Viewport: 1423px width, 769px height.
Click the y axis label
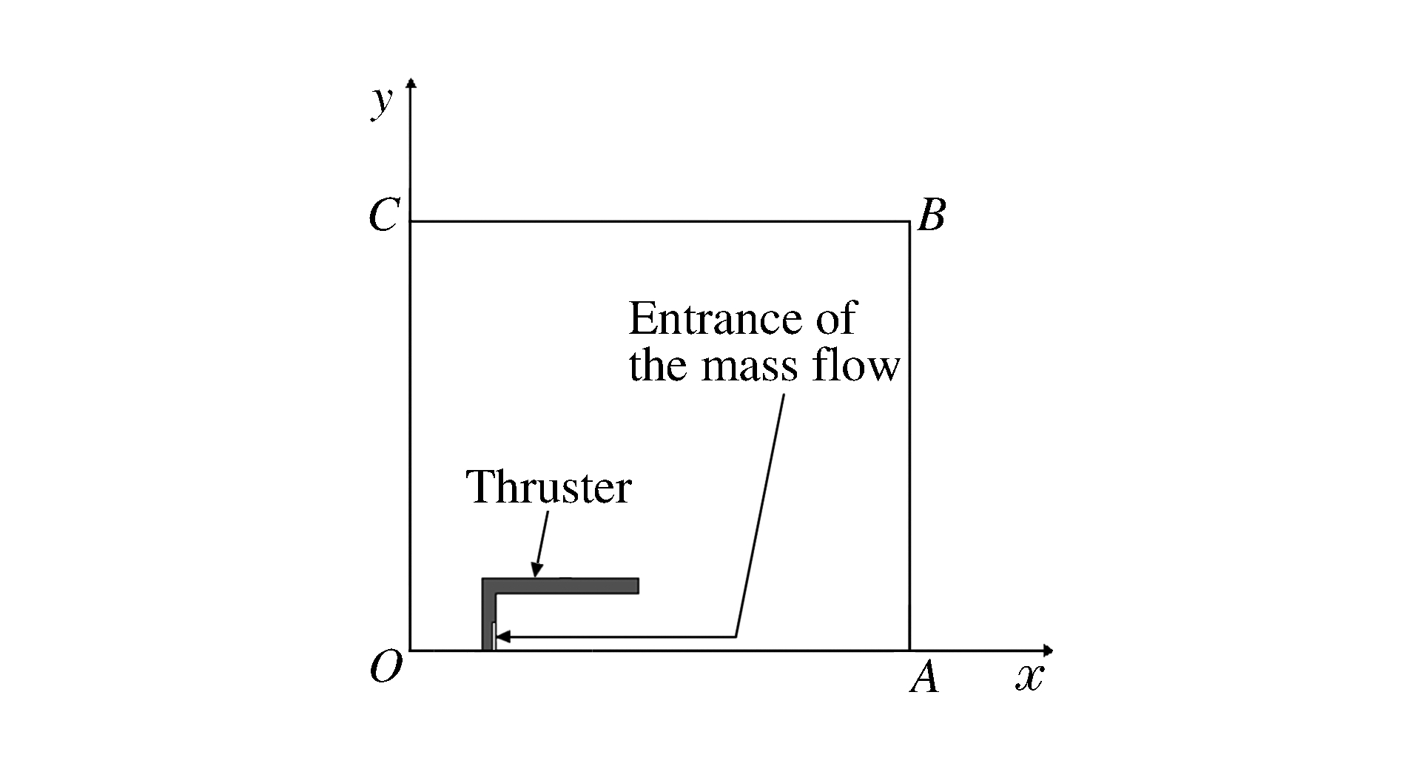381,103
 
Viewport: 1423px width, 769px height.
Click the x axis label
1028,677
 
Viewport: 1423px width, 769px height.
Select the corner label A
924,677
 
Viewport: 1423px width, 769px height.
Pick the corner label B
931,217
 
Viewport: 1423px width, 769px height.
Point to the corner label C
383,217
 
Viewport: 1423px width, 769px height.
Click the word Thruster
548,488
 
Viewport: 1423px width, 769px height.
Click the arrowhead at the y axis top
411,82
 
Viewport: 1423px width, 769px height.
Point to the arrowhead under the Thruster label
536,571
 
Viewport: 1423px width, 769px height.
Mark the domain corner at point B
909,221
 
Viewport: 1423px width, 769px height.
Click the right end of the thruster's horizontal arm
635,585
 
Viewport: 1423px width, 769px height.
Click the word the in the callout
660,366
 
